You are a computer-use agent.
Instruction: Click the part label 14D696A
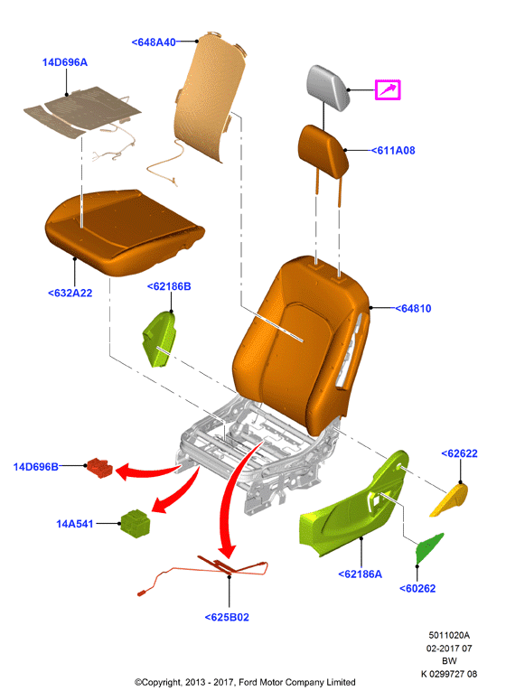pyautogui.click(x=65, y=62)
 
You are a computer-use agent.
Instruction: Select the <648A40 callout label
pyautogui.click(x=154, y=42)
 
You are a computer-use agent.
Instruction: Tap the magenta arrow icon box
pyautogui.click(x=388, y=89)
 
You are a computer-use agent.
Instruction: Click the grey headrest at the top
pyautogui.click(x=328, y=87)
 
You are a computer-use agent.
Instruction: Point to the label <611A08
pyautogui.click(x=393, y=151)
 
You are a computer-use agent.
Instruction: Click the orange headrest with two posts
pyautogui.click(x=323, y=152)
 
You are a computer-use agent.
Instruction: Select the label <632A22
pyautogui.click(x=70, y=293)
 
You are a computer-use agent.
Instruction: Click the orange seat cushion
pyautogui.click(x=123, y=231)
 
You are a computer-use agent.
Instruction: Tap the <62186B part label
pyautogui.click(x=169, y=286)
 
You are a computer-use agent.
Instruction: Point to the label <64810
pyautogui.click(x=413, y=309)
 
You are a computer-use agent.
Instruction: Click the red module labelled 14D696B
pyautogui.click(x=100, y=468)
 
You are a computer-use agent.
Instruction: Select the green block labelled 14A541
pyautogui.click(x=136, y=523)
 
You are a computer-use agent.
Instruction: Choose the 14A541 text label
pyautogui.click(x=75, y=524)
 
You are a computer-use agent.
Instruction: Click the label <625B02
pyautogui.click(x=227, y=617)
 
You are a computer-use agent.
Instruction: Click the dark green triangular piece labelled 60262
pyautogui.click(x=428, y=548)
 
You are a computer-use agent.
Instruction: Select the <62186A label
pyautogui.click(x=360, y=574)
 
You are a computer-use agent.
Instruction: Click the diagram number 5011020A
pyautogui.click(x=449, y=635)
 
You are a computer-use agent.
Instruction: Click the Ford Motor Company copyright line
pyautogui.click(x=245, y=682)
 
